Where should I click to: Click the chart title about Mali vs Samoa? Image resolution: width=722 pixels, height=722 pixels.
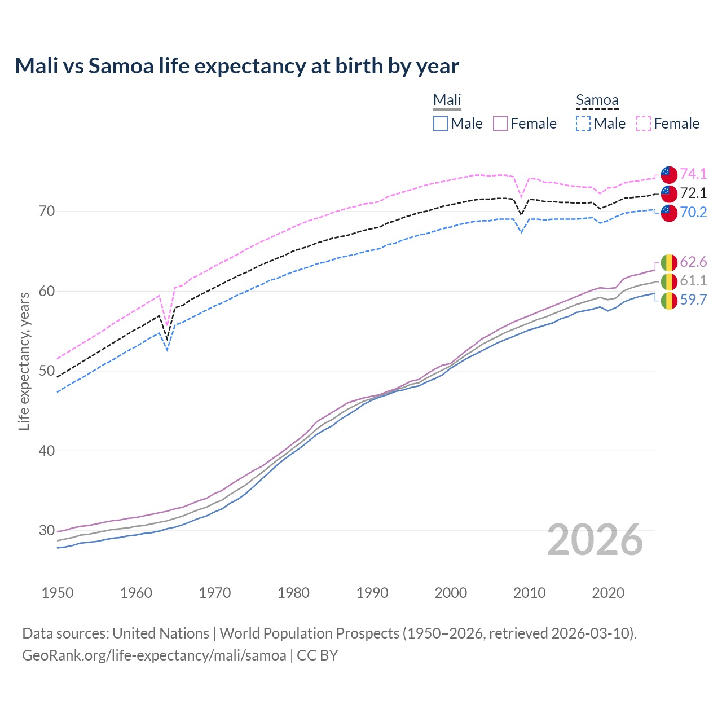[x=237, y=66]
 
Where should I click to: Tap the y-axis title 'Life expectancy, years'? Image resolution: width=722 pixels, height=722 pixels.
[x=24, y=361]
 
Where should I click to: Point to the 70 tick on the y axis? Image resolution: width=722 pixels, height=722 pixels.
[x=47, y=212]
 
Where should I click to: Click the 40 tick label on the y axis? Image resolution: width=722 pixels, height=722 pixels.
[x=47, y=451]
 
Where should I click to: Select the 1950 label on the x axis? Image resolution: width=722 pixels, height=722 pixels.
[x=58, y=593]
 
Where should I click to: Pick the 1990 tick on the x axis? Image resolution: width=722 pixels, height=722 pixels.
[x=372, y=593]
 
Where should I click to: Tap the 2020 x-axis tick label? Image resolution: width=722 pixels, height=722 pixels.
[x=609, y=593]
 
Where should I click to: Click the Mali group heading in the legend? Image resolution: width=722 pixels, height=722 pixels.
[x=447, y=100]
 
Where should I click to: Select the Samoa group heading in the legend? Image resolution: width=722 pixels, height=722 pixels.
[x=597, y=100]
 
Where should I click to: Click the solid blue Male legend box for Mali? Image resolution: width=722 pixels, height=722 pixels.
[x=441, y=124]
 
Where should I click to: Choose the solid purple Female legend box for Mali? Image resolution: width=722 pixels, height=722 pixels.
[x=501, y=124]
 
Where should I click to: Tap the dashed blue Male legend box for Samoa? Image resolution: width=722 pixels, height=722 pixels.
[x=583, y=124]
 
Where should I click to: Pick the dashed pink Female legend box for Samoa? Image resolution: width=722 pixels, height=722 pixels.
[x=644, y=124]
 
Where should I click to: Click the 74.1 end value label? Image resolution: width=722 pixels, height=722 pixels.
[x=693, y=174]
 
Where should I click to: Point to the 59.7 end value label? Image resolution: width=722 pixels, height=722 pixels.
[x=693, y=300]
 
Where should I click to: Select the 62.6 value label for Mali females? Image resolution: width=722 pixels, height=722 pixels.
[x=693, y=262]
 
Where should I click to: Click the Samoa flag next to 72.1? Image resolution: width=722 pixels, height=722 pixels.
[x=669, y=193]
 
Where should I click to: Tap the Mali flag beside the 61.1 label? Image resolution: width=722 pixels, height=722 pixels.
[x=669, y=281]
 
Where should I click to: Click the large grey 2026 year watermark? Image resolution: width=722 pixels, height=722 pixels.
[x=595, y=540]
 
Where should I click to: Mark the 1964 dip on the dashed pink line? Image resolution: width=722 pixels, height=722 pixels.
[x=167, y=325]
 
